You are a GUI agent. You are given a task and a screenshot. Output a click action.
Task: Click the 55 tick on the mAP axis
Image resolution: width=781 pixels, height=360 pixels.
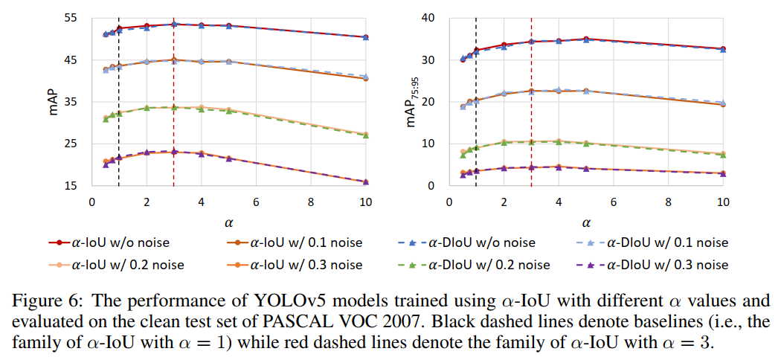[75, 17]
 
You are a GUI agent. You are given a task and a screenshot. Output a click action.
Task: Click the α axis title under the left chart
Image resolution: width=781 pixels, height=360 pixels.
[229, 221]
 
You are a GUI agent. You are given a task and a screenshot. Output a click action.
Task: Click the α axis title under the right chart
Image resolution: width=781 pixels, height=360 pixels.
[585, 221]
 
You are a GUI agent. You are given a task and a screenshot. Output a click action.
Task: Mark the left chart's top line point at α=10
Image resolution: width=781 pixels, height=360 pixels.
[365, 37]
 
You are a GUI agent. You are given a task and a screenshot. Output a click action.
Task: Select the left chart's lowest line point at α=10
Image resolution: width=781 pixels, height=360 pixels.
[365, 181]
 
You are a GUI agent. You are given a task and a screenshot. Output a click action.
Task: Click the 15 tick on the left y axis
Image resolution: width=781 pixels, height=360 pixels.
[75, 185]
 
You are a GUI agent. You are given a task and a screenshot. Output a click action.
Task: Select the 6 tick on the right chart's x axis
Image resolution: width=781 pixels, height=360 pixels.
[613, 202]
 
